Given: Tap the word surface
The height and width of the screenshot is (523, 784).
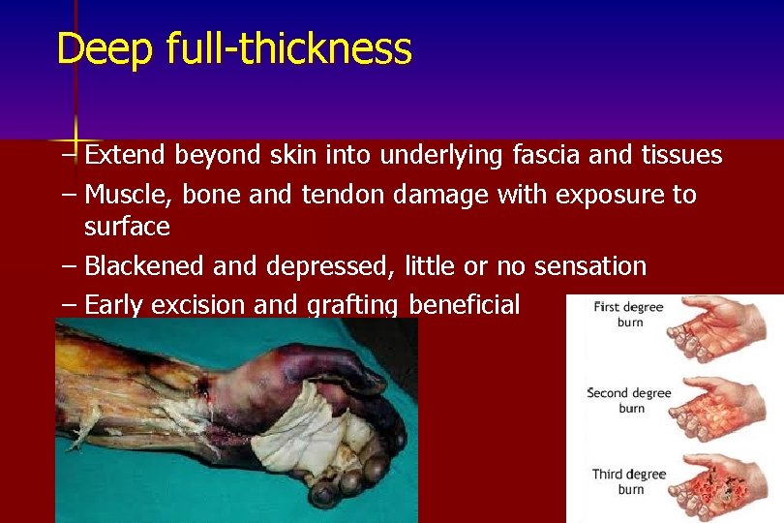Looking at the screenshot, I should point(127,227).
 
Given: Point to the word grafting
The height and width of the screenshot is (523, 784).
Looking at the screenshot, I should point(351,306).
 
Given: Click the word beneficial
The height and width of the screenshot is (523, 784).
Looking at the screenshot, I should point(465,305).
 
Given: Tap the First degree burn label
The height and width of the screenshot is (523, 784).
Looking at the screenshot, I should point(628,314).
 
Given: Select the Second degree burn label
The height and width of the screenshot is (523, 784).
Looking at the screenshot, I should point(628,400).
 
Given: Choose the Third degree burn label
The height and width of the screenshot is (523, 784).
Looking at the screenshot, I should point(628,481).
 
